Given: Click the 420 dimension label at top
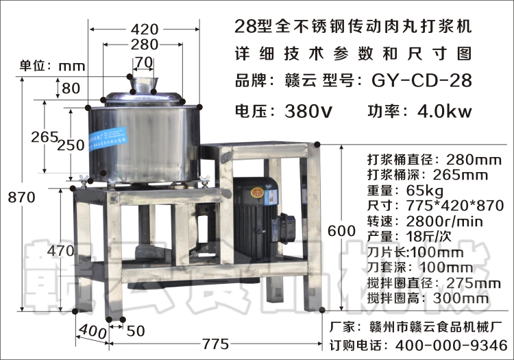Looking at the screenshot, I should click(144, 29).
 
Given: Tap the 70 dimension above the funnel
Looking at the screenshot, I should click(143, 62).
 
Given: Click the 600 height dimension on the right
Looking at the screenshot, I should click(341, 231).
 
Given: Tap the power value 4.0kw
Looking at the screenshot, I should click(445, 110).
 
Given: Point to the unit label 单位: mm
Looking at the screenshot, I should click(51, 66).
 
